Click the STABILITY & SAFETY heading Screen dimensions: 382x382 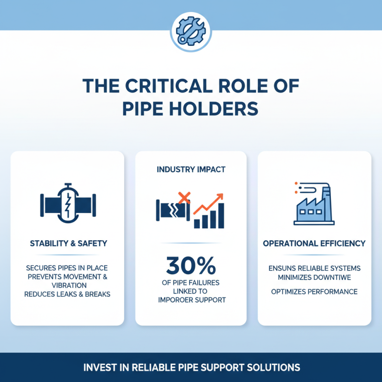tap(68, 244)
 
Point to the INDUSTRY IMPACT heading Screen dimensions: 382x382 tap(191, 170)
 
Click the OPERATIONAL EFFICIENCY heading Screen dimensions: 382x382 tap(314, 244)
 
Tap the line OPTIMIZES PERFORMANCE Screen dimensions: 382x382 tap(314, 291)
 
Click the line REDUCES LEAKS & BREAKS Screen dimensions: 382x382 tap(67, 294)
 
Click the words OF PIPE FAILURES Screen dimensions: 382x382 tap(191, 282)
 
